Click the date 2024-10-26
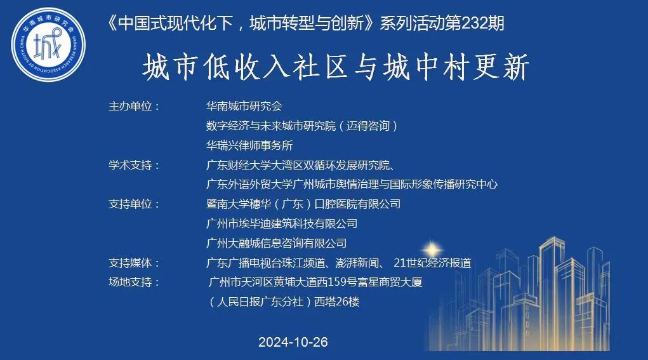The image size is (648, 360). [x=293, y=342]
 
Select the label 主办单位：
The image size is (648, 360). [x=134, y=106]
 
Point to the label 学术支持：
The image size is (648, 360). [x=134, y=165]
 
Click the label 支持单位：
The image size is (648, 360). [x=134, y=204]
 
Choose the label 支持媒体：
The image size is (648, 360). [x=134, y=263]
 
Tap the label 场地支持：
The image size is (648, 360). [x=134, y=283]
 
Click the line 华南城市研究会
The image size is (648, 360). [x=244, y=106]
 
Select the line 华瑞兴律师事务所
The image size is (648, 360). [x=249, y=145]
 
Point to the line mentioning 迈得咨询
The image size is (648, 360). [x=302, y=126]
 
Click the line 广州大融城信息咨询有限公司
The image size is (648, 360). [x=277, y=243]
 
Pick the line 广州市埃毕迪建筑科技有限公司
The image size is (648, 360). [x=282, y=223]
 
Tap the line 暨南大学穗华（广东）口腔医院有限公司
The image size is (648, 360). [x=303, y=204]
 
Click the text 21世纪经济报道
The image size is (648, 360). [x=432, y=263]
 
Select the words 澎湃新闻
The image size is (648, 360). [x=359, y=263]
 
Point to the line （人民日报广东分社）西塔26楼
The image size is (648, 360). [x=283, y=302]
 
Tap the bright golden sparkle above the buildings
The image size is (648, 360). [x=433, y=248]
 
